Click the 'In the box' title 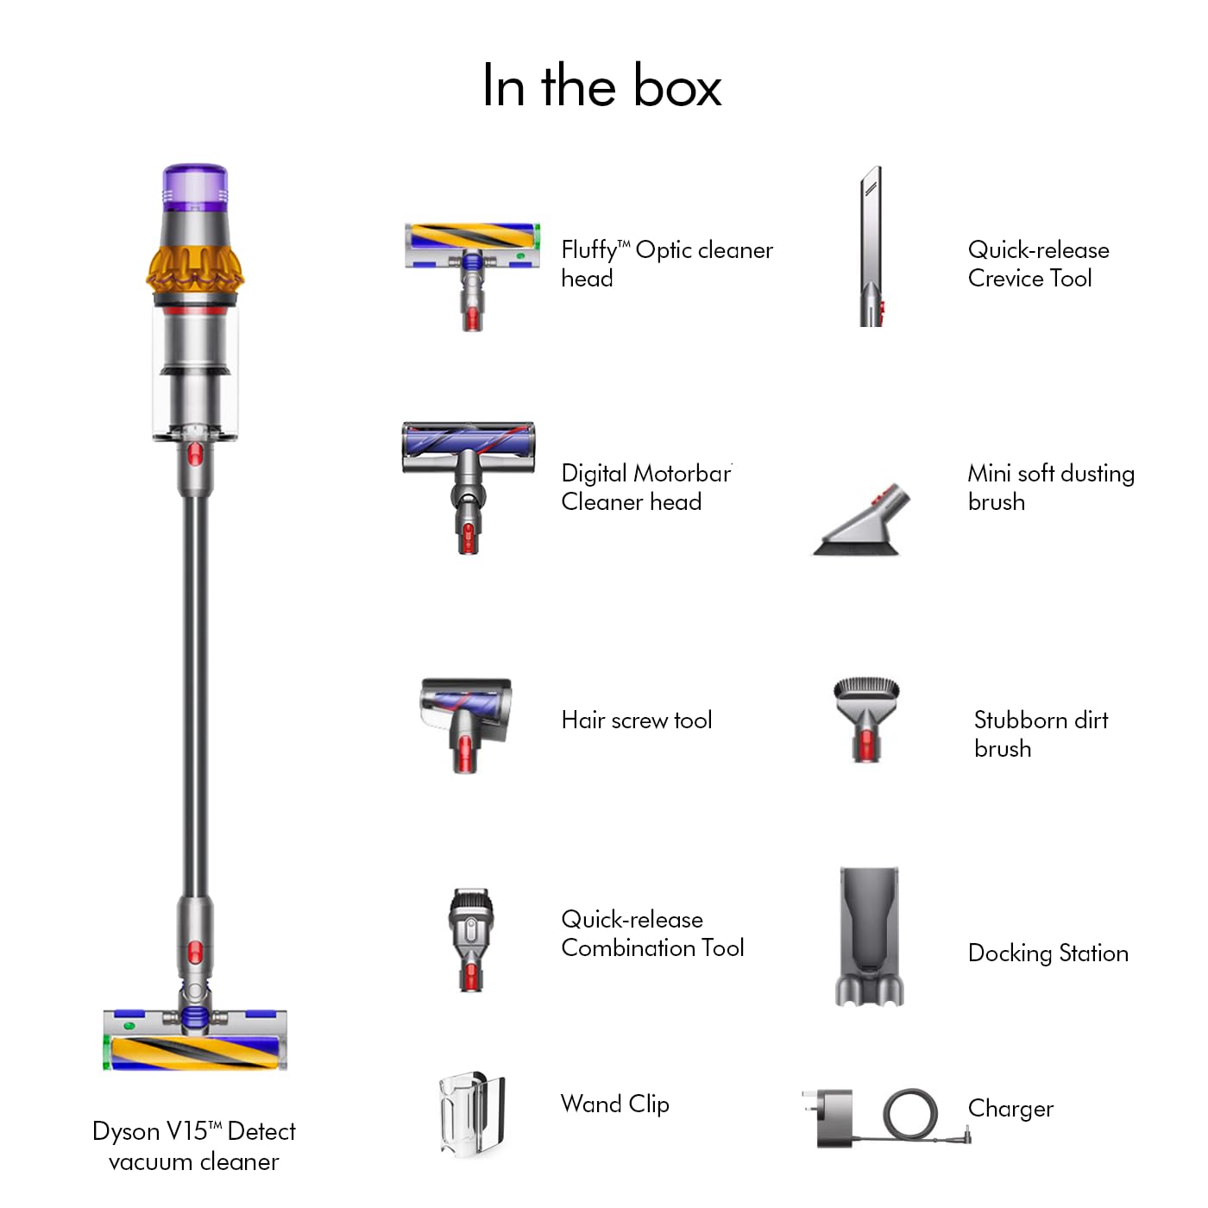pyautogui.click(x=601, y=86)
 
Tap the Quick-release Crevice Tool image pyautogui.click(x=871, y=246)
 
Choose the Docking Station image pyautogui.click(x=869, y=936)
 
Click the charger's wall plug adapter pyautogui.click(x=834, y=1118)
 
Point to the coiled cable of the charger pyautogui.click(x=910, y=1113)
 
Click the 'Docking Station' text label pyautogui.click(x=1048, y=953)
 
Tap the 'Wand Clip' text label pyautogui.click(x=614, y=1104)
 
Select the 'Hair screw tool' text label pyautogui.click(x=636, y=720)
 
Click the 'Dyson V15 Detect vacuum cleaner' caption pyautogui.click(x=194, y=1146)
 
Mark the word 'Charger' pyautogui.click(x=1010, y=1109)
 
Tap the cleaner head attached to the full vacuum pyautogui.click(x=195, y=1040)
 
